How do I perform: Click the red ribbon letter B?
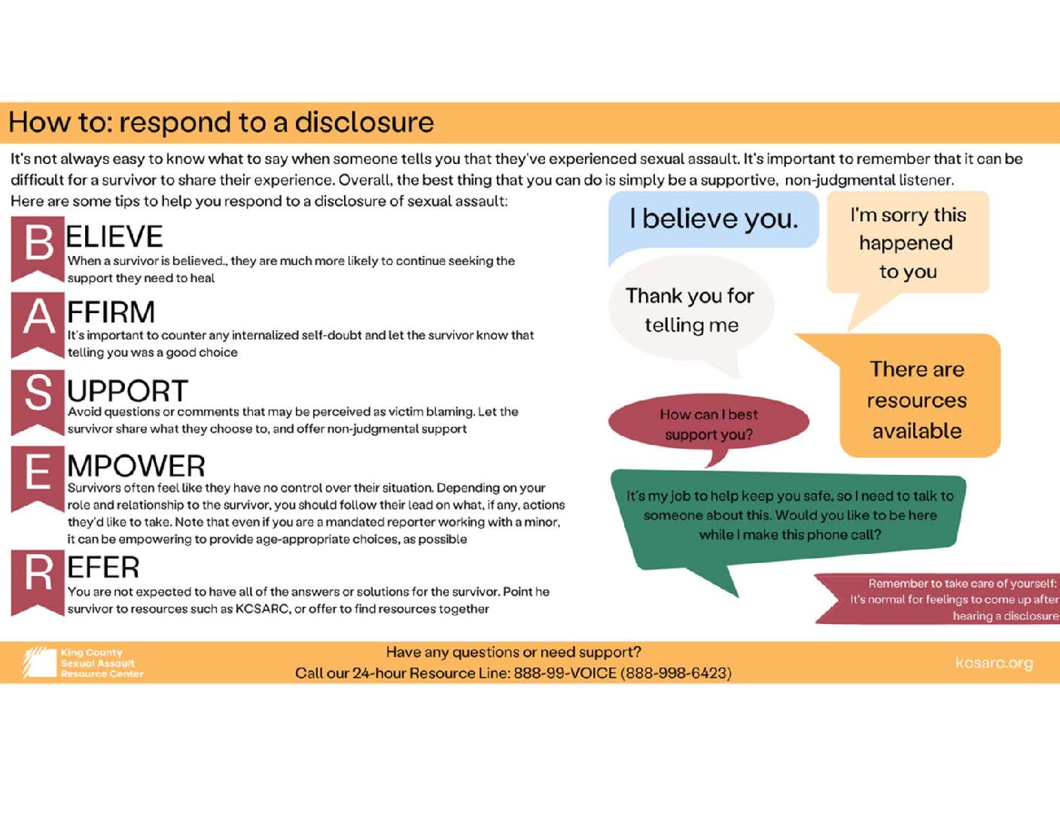click(38, 245)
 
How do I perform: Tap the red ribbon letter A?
click(38, 319)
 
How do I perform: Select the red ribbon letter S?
click(38, 396)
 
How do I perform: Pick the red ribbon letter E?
click(38, 474)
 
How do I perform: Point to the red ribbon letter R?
click(38, 576)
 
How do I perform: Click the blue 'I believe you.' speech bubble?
click(712, 219)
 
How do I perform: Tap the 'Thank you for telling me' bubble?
click(690, 310)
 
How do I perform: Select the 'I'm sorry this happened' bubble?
click(907, 243)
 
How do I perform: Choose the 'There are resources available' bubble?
click(917, 399)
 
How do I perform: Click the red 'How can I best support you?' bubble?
click(708, 424)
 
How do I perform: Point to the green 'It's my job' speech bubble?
click(789, 516)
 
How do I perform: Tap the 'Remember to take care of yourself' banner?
click(953, 599)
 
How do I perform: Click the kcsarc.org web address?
click(994, 662)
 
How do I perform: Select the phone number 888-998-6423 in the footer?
click(675, 673)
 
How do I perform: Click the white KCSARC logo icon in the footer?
click(40, 662)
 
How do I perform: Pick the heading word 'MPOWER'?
click(136, 466)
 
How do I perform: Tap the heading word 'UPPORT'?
click(127, 391)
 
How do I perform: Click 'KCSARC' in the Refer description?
click(262, 609)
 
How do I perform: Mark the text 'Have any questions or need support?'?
click(513, 652)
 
